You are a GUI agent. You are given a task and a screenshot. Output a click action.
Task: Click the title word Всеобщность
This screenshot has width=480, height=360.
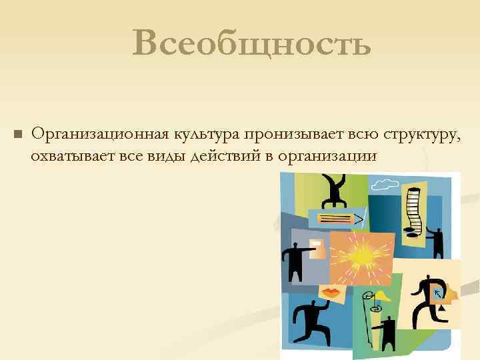pyautogui.click(x=251, y=44)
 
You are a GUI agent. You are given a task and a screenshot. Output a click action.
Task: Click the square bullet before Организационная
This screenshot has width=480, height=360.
pyautogui.click(x=18, y=135)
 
